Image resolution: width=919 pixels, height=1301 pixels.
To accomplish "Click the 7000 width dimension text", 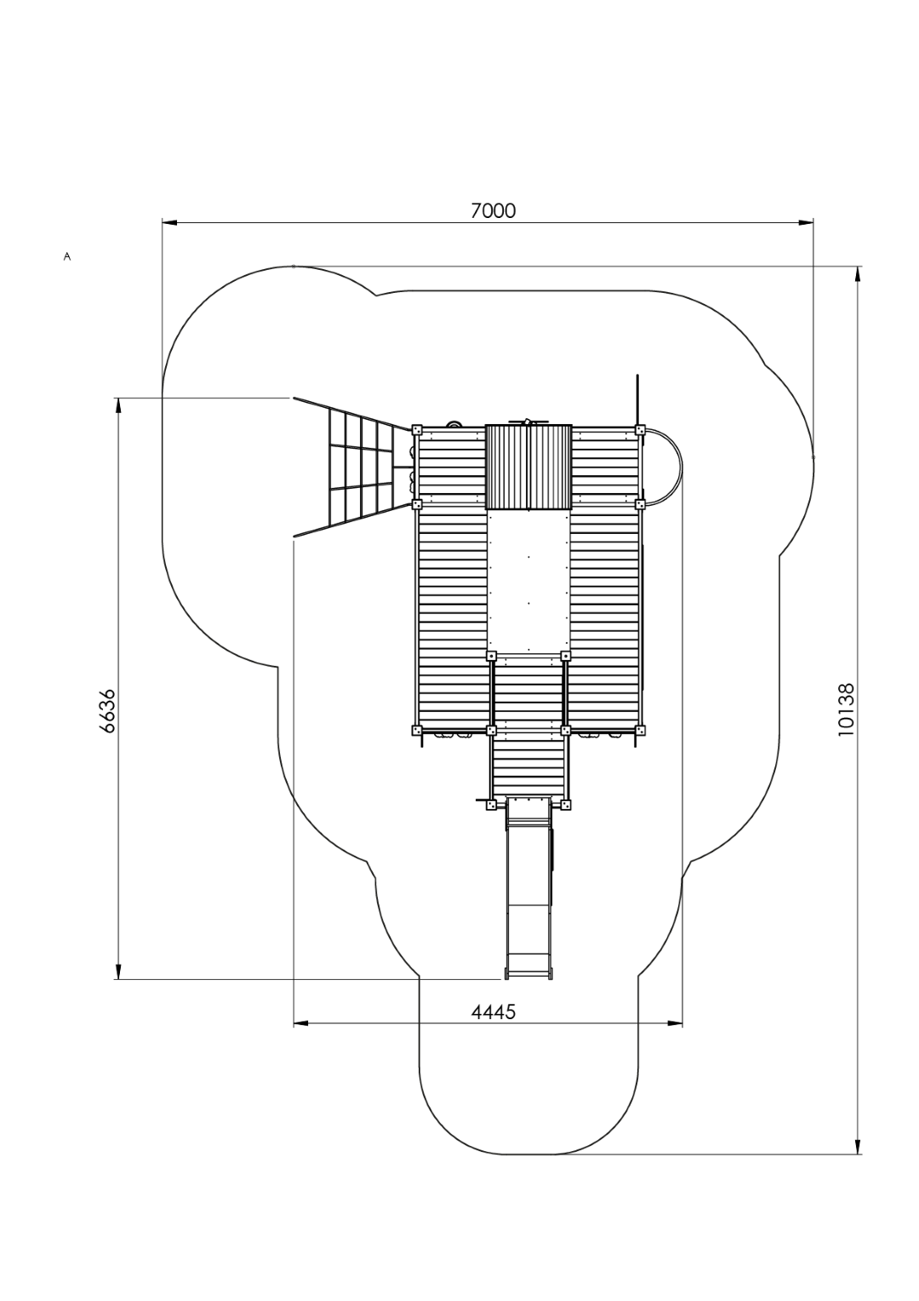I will (493, 210).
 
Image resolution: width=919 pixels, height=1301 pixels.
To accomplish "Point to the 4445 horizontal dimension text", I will (493, 1012).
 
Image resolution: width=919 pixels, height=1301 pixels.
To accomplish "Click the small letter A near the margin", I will (66, 255).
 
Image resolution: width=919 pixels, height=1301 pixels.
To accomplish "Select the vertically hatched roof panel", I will (528, 467).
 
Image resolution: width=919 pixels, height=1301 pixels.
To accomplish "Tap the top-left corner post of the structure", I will (417, 430).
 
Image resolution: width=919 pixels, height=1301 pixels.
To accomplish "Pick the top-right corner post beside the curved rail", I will (640, 430).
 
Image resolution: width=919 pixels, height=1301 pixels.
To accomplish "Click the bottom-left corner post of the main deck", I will (416, 730).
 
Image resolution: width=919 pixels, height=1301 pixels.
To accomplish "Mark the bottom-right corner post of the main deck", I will (640, 730).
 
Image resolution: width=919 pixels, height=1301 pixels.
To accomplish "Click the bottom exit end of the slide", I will (528, 972).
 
